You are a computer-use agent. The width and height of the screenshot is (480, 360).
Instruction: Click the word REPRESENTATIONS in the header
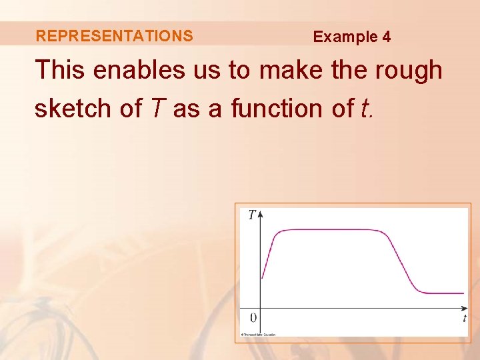point(114,36)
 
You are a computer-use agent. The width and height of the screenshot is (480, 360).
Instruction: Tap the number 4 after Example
point(387,37)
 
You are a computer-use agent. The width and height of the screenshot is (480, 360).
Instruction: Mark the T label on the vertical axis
point(251,215)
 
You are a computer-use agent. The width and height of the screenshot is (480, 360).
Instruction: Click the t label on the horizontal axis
point(464,319)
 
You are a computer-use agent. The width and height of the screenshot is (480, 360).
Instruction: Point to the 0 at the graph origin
point(253,317)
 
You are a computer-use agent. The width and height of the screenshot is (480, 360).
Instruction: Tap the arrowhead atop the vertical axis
point(261,214)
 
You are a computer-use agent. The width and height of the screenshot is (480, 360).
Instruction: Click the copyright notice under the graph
point(258,335)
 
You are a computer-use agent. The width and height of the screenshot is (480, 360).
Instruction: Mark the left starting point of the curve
point(262,277)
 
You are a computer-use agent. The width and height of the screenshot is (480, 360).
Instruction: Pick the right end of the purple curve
point(463,293)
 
